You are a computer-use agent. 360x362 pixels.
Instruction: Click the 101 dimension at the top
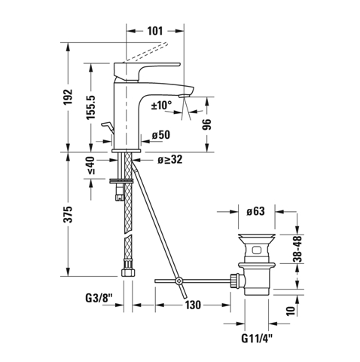point(155,31)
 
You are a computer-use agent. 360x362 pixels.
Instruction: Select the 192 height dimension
point(69,97)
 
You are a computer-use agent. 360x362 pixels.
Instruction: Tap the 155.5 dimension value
point(91,107)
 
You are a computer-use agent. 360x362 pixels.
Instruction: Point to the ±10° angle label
point(161,105)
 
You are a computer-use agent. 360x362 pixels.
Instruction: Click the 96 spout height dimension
point(207,124)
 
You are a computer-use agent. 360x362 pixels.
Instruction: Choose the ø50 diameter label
point(161,135)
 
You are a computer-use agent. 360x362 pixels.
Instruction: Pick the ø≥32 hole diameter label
point(170,160)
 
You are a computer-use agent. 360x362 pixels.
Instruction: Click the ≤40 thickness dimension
point(91,165)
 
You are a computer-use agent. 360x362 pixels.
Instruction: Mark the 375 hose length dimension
point(69,214)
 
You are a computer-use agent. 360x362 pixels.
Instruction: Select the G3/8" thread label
point(99,299)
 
